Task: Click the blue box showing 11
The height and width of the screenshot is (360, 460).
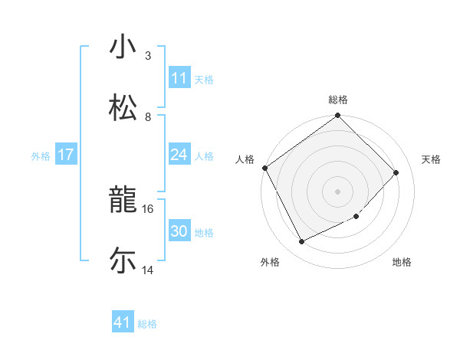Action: [x=179, y=78]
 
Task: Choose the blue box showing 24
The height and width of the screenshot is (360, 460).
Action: [x=179, y=155]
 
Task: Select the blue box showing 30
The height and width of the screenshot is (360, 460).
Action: [x=179, y=231]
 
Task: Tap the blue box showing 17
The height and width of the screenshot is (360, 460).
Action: [x=66, y=155]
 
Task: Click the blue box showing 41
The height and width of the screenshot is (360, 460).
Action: [x=123, y=323]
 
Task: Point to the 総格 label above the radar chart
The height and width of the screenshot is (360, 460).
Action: [x=338, y=100]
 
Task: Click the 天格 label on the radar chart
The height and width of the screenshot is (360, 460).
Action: [x=432, y=159]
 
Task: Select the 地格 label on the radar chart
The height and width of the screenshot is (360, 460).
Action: [x=402, y=262]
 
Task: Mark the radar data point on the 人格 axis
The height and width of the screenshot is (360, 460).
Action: [x=265, y=168]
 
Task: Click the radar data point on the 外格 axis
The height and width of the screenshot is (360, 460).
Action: [x=301, y=242]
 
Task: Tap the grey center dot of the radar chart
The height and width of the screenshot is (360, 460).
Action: [x=338, y=191]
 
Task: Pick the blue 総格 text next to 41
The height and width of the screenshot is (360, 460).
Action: [x=147, y=324]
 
